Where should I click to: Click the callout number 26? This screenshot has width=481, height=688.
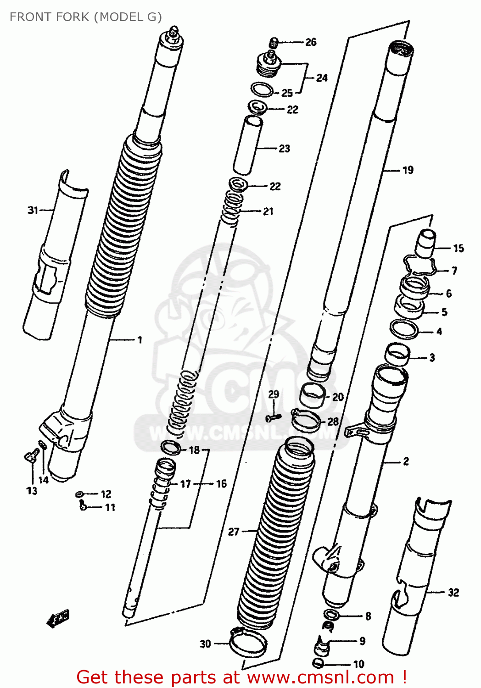point(311,42)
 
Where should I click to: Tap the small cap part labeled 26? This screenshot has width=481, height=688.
point(274,43)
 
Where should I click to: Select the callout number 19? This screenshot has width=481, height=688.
point(408,170)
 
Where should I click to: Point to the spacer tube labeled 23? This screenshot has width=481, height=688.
point(248,144)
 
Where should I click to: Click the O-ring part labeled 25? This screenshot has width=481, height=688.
point(263,89)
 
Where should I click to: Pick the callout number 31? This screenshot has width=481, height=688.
point(33,210)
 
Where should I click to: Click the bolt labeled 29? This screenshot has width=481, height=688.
point(273,417)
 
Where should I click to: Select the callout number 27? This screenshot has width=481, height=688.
point(234,531)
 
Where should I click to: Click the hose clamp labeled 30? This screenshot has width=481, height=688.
point(247,642)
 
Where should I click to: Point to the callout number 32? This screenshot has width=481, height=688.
point(453,592)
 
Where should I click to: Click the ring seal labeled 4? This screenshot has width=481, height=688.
point(404,329)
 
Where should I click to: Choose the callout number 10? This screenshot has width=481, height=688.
point(358,664)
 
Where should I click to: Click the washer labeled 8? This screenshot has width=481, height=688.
point(330,615)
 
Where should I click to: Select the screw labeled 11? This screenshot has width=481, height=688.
point(83,506)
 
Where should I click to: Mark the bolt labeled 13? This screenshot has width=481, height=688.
point(31,456)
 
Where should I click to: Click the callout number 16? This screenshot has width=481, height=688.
point(221,483)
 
